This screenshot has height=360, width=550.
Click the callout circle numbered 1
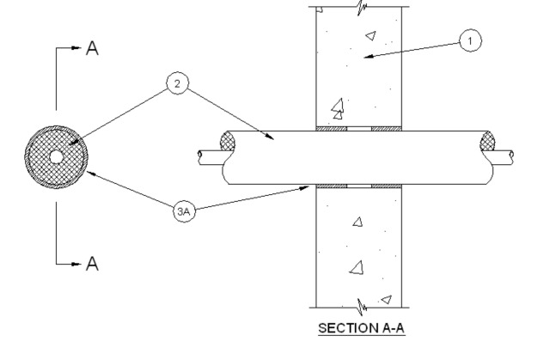(x=471, y=40)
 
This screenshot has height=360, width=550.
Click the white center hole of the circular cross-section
(x=56, y=157)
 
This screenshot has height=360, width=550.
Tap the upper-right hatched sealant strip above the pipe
(x=386, y=130)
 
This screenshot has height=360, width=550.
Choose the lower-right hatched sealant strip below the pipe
(x=386, y=186)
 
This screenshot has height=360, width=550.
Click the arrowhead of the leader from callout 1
(x=364, y=57)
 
